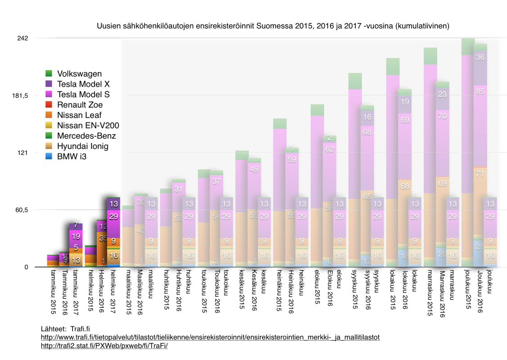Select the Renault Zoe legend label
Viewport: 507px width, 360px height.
79,105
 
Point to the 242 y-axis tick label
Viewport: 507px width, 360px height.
23,38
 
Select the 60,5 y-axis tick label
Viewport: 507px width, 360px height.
23,210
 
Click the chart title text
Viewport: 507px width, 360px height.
273,27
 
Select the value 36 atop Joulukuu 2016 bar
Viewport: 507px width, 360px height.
480,57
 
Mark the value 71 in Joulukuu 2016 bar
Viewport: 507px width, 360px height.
480,173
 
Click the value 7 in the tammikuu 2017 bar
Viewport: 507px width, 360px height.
76,225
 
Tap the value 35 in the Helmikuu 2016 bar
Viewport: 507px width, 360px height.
102,238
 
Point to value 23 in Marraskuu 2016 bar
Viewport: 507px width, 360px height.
443,94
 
